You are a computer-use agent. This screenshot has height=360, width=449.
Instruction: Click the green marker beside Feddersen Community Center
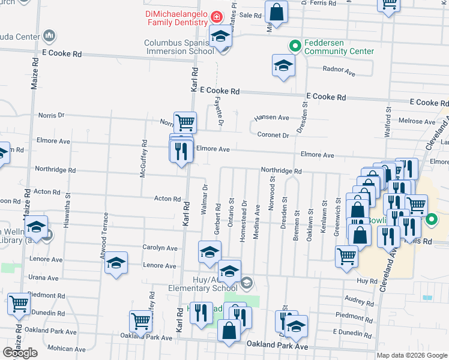pos(295,46)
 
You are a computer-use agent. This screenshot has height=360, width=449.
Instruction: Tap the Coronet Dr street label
pos(273,135)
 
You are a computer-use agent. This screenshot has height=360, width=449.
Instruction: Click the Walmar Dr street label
pos(205,196)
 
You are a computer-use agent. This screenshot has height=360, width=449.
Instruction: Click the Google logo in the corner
pos(20,353)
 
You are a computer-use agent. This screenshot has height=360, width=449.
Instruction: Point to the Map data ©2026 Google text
pos(411,355)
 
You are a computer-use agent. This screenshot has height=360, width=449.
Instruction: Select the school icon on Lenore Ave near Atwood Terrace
pos(116,263)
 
